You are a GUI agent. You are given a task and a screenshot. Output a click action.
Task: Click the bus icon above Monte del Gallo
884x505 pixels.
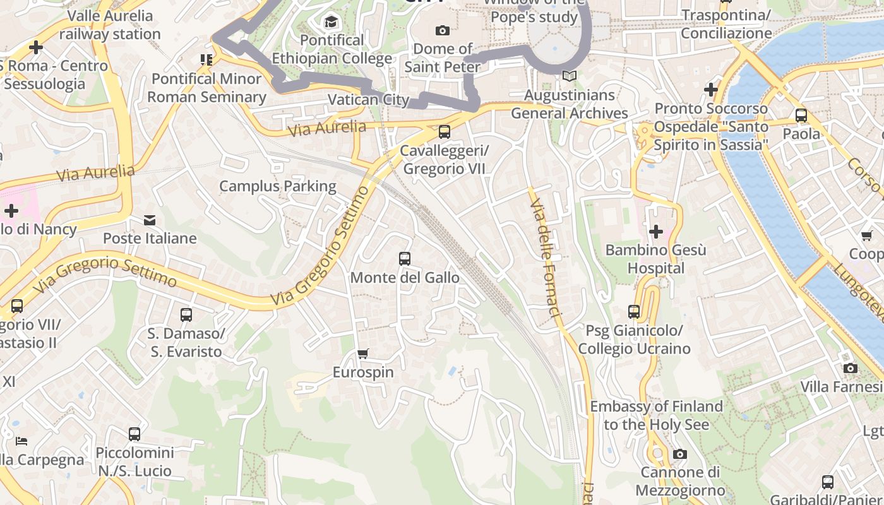pos(405,259)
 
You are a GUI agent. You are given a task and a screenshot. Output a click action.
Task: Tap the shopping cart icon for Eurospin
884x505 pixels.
pos(362,354)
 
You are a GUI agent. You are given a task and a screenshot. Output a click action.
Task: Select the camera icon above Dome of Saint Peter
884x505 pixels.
pos(443,30)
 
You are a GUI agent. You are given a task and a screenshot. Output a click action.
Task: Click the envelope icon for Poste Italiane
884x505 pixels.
pos(150,220)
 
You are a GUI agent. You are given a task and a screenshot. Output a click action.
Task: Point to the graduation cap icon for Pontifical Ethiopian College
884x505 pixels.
pos(331,23)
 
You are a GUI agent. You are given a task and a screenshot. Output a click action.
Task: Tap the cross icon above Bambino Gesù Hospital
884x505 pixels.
pos(656,232)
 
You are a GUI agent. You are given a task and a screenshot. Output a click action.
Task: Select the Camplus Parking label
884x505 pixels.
pos(278,186)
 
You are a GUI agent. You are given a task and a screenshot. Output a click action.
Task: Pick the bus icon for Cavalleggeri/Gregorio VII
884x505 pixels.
pos(445,132)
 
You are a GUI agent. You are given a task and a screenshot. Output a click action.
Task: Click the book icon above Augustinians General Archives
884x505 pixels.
pos(570,76)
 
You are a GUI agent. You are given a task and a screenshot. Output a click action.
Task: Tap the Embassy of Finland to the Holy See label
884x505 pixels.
pos(656,415)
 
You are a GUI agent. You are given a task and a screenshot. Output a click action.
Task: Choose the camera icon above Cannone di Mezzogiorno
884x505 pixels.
pos(680,454)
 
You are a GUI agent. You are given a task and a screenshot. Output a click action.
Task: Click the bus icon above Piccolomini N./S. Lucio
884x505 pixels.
pos(134,434)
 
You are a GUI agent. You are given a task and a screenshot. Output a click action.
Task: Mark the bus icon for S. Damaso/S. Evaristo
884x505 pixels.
pos(186,314)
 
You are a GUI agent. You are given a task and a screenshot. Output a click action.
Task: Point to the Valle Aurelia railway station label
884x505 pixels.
pos(110,25)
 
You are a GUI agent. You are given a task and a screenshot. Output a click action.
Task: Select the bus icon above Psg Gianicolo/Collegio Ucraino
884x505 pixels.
pos(634,312)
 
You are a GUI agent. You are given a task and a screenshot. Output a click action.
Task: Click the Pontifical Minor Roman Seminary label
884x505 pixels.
pos(206,88)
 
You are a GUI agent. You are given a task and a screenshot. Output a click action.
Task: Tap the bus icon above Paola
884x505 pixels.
pos(801,116)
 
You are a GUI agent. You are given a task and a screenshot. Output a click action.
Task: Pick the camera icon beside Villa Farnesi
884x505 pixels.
pos(851,368)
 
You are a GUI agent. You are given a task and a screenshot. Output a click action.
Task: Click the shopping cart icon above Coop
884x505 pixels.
pos(866,235)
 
